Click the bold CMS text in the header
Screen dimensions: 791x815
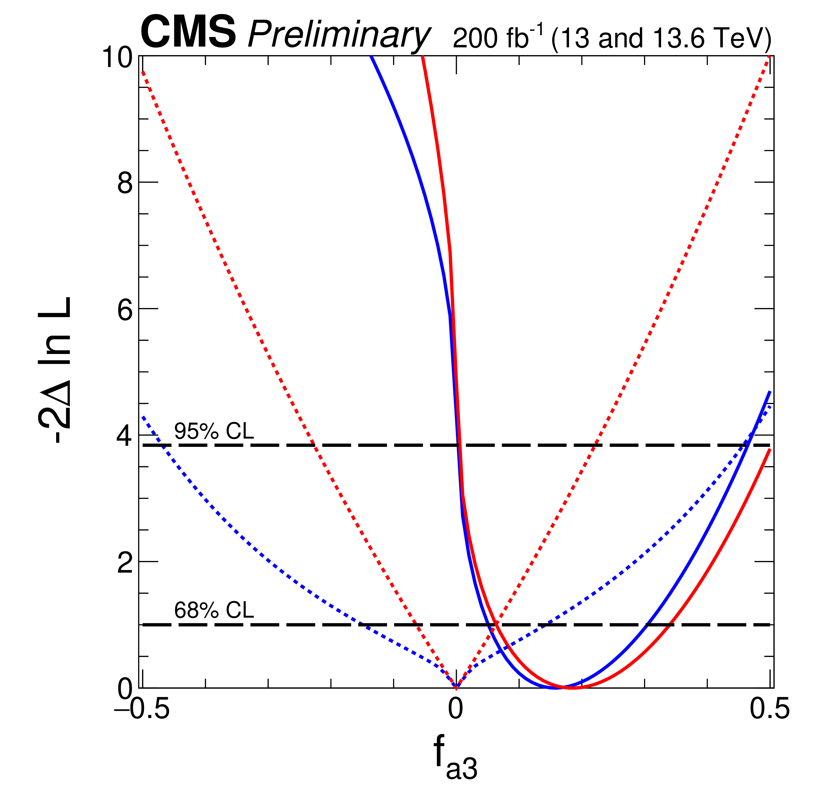coord(188,32)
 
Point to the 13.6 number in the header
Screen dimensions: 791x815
coord(675,38)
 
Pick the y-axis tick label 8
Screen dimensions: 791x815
coord(125,183)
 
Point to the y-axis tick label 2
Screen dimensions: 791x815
coord(125,564)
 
